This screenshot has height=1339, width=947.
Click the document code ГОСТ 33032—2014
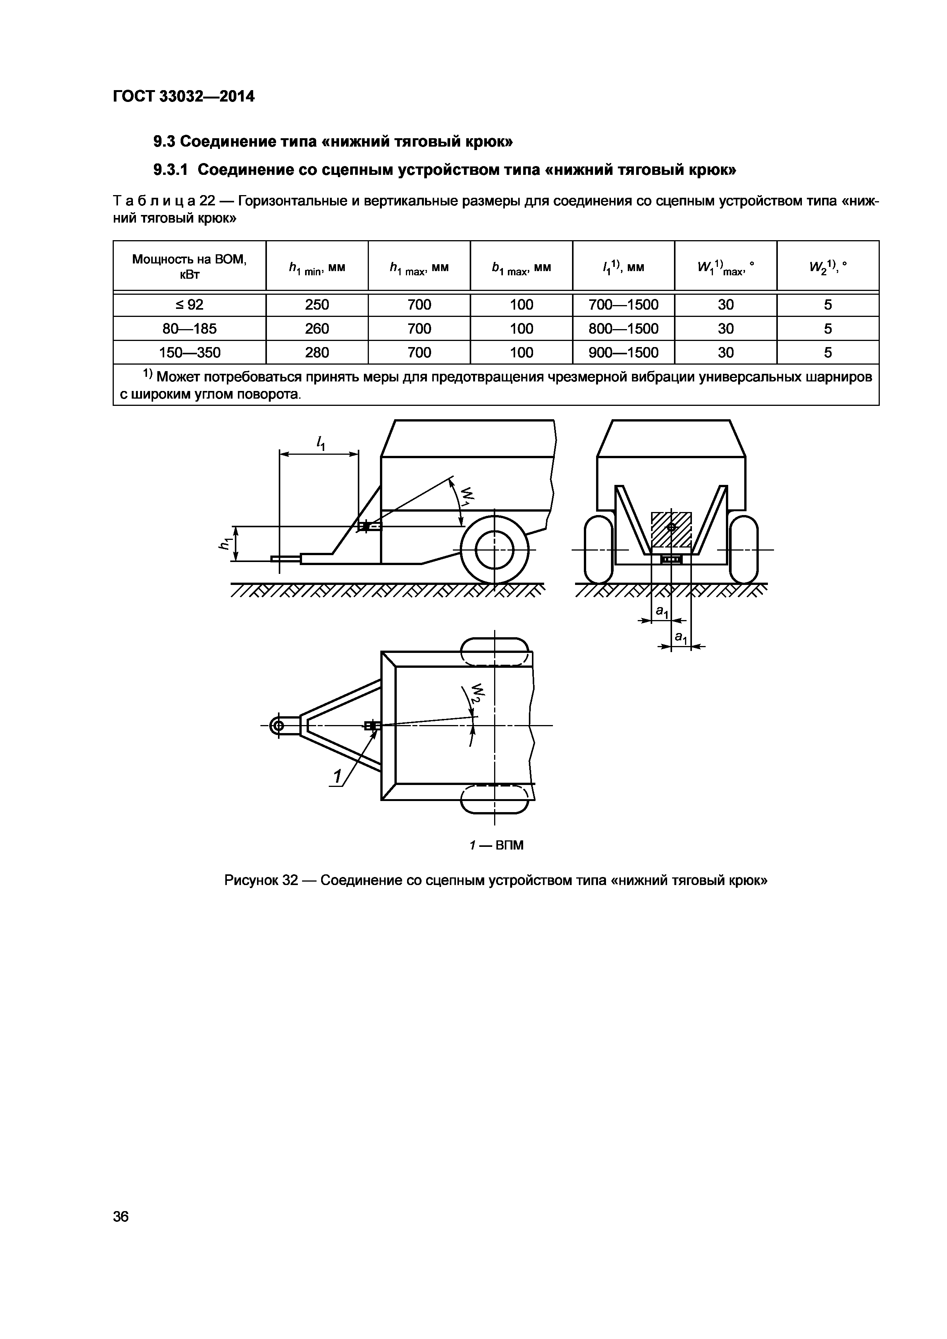pos(184,96)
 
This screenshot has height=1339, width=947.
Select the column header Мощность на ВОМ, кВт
pos(189,267)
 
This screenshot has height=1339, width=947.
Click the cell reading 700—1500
pos(623,304)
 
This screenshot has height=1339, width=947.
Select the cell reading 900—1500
pos(623,352)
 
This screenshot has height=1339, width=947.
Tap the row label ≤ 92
pos(189,304)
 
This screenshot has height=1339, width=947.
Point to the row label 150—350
pos(189,352)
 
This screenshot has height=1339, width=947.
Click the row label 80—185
pos(189,329)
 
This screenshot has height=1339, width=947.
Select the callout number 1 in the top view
pos(337,777)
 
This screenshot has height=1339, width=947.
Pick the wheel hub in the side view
pos(495,549)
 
